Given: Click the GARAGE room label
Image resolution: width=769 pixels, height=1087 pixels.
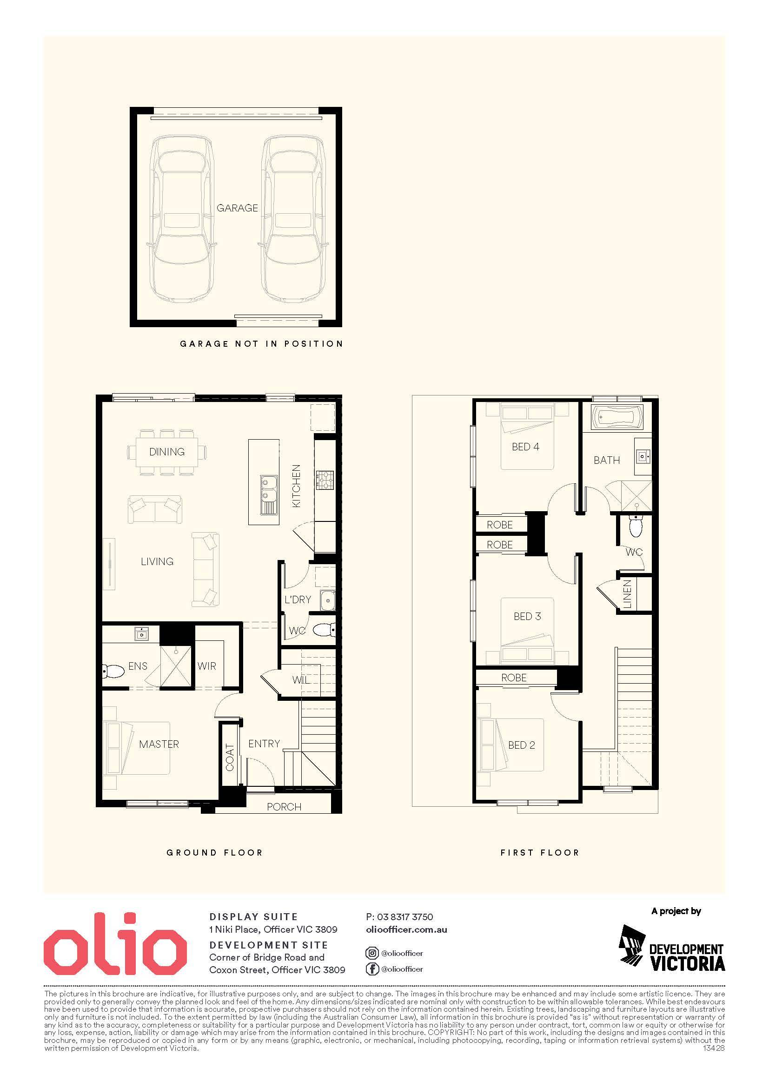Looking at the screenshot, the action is [237, 208].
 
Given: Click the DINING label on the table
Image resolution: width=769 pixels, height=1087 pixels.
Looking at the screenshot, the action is [167, 452].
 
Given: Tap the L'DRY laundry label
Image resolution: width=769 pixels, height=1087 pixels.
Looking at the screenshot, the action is [298, 599].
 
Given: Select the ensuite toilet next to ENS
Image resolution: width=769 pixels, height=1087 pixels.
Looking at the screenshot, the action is [113, 671].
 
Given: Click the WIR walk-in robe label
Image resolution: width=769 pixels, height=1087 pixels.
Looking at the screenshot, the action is [206, 666].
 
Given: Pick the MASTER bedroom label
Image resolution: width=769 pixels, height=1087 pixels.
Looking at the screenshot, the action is [159, 744].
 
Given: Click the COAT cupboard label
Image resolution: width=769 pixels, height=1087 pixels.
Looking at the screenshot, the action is [230, 758].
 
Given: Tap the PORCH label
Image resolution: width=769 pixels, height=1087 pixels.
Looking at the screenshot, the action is [284, 807].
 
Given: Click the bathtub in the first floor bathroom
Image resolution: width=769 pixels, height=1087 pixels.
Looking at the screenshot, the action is [616, 417].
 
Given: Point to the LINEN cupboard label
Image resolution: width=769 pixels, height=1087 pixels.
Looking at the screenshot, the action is [627, 594].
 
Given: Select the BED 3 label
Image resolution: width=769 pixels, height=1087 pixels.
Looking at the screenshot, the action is [527, 616].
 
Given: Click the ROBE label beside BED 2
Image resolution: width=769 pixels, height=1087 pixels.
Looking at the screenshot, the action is [514, 678].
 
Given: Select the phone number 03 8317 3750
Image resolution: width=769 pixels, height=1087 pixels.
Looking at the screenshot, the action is [405, 917].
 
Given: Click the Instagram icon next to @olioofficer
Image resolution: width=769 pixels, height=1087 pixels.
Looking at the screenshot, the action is [372, 953].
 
